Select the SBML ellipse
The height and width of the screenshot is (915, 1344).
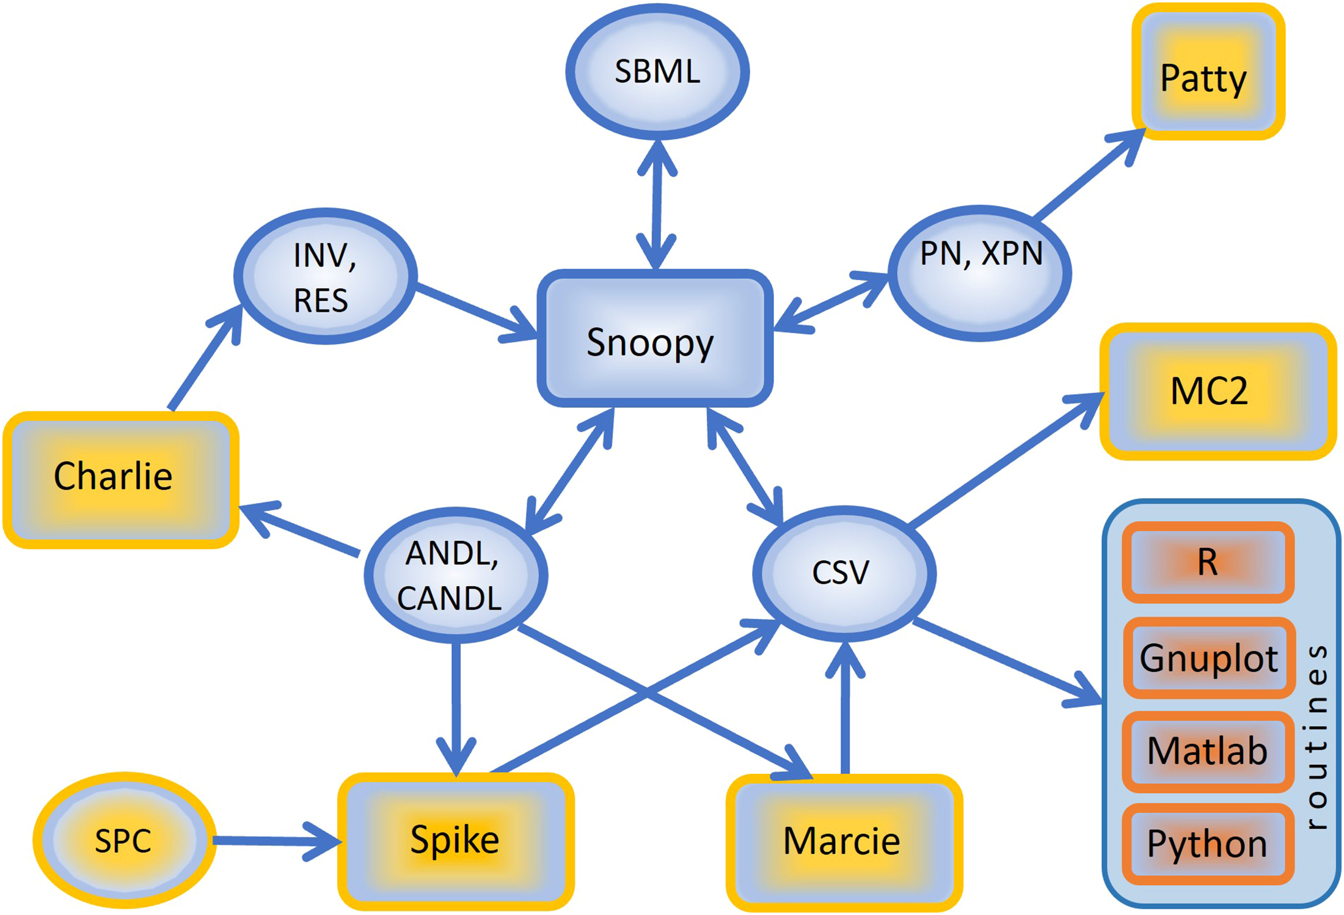(x=657, y=72)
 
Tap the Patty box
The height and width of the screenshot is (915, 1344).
(x=1208, y=72)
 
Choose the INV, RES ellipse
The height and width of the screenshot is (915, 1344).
(x=325, y=276)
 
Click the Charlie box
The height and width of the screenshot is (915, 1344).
(x=120, y=479)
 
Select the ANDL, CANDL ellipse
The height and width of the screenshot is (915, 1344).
(x=455, y=575)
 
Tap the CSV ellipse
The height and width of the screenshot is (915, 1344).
(x=844, y=573)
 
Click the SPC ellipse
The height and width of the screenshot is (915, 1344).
(x=124, y=840)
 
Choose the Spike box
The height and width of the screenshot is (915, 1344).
(x=456, y=840)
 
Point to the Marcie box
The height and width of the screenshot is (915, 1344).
(x=844, y=842)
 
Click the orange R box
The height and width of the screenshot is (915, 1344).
(x=1208, y=562)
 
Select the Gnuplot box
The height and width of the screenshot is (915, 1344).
(x=1208, y=658)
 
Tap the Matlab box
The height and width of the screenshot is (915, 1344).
(x=1208, y=751)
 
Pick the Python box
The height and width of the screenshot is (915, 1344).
(x=1208, y=843)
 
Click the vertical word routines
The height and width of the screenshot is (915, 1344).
(x=1317, y=737)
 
